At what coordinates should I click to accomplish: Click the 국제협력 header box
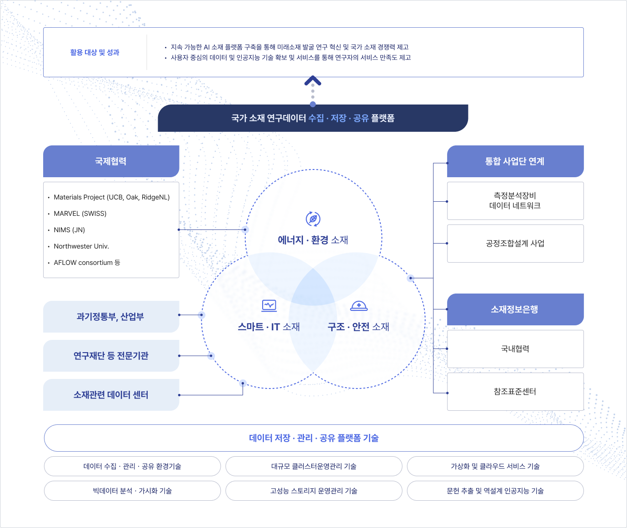click(111, 161)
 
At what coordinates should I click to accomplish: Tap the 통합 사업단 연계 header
click(515, 161)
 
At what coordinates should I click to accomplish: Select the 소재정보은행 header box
click(515, 309)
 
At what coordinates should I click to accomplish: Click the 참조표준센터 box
click(515, 392)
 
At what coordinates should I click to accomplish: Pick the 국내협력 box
click(515, 349)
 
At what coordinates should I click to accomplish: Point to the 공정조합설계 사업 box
click(515, 244)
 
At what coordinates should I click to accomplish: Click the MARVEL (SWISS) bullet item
click(80, 214)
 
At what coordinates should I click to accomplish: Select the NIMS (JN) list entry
click(70, 230)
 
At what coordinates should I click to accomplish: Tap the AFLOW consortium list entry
click(87, 263)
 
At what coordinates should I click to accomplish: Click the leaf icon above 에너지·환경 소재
click(313, 219)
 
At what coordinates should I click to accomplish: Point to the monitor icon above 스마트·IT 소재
click(269, 306)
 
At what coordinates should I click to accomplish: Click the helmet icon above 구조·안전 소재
click(359, 306)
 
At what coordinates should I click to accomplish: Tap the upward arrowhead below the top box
click(313, 80)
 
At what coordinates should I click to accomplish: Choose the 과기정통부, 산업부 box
click(111, 317)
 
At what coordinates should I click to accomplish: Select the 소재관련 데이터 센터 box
click(111, 395)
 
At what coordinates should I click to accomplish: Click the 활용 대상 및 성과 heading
click(95, 52)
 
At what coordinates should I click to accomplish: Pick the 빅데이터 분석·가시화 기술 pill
click(132, 491)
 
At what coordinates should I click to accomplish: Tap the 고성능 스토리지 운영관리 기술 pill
click(314, 491)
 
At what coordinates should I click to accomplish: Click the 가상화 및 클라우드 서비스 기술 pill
click(496, 466)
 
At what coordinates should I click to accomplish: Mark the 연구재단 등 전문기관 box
click(111, 356)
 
